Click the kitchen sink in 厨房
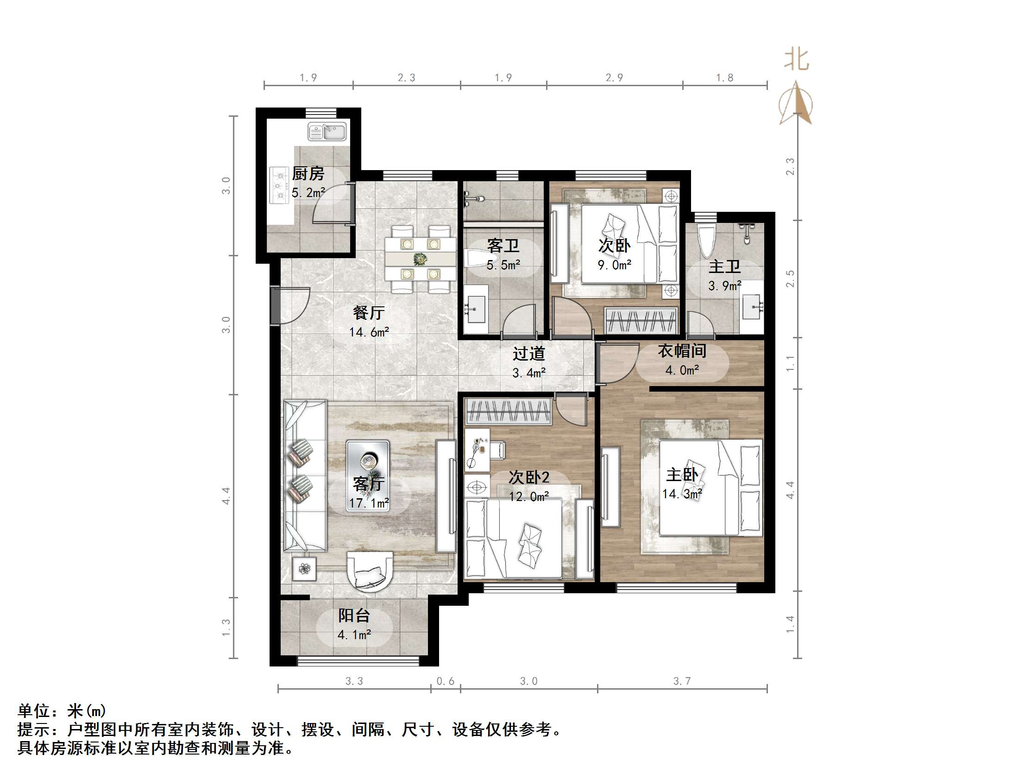327,131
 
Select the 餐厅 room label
369,312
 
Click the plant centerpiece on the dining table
420,259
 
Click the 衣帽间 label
682,351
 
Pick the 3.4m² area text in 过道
529,373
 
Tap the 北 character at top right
797,60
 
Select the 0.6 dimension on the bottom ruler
445,681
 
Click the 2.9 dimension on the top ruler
614,78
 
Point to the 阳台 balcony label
354,615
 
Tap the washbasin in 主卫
752,306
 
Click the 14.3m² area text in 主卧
682,494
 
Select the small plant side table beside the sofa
304,568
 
